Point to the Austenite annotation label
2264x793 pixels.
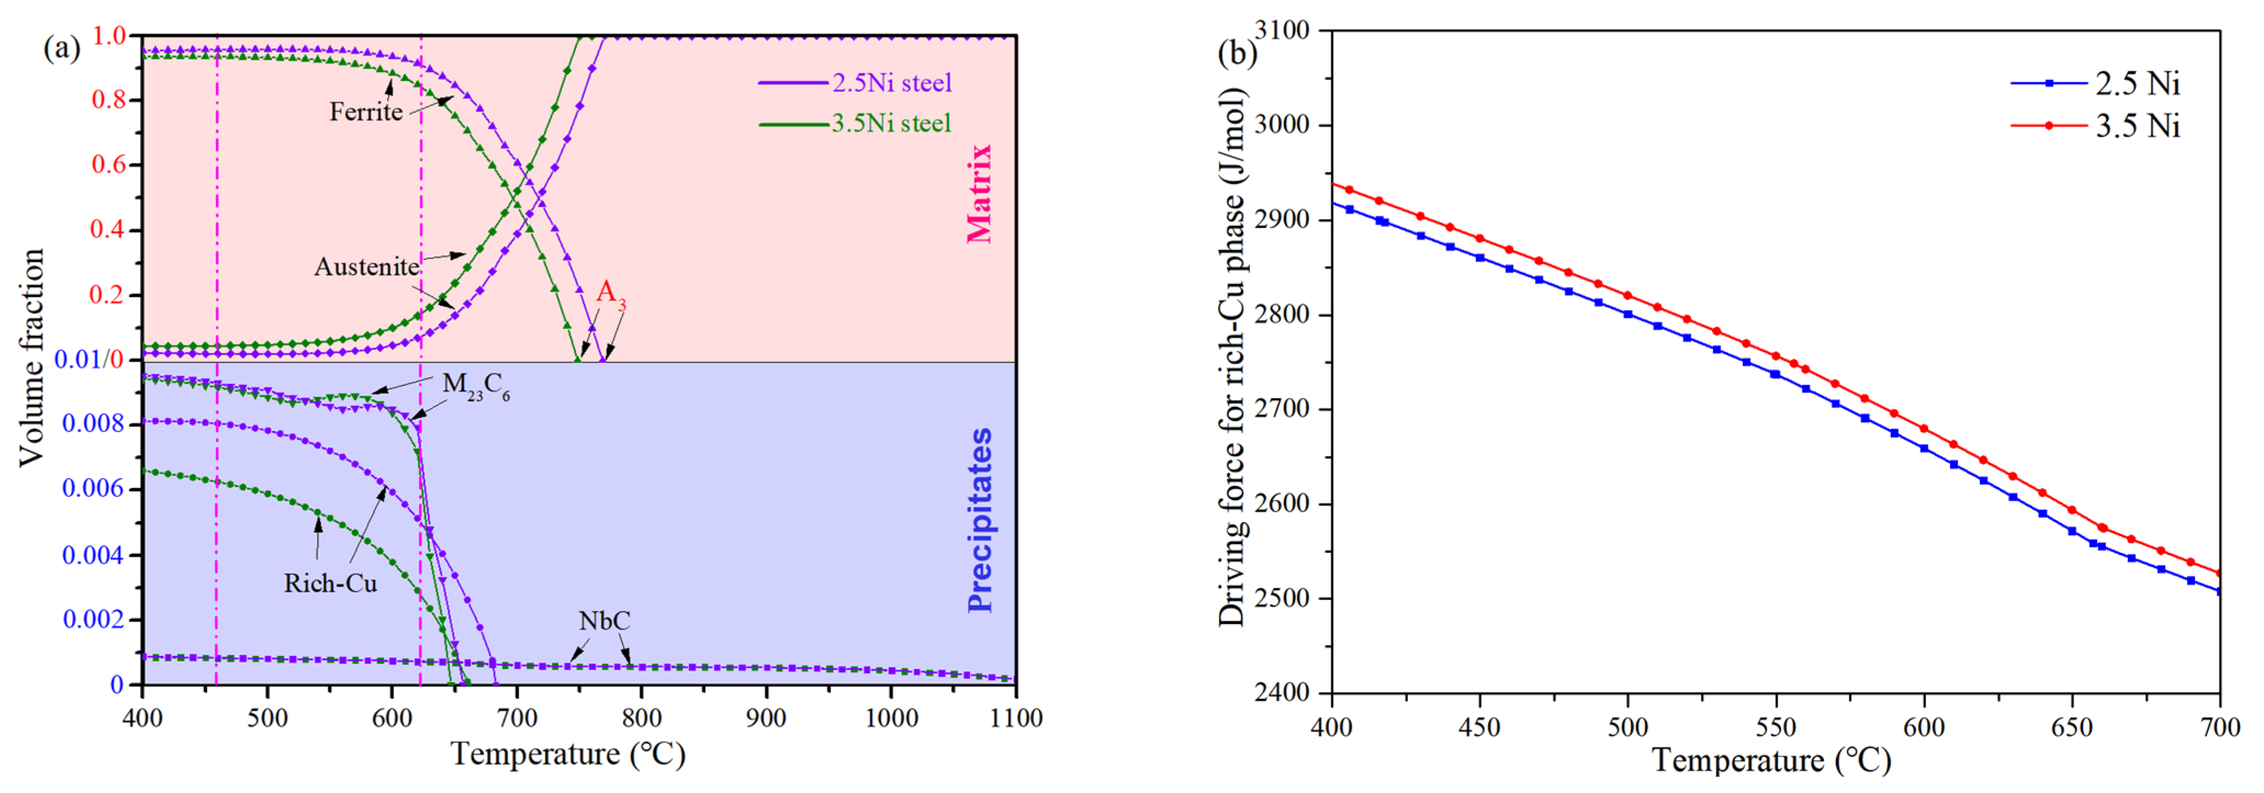coord(367,267)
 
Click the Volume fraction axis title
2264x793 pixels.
coord(32,358)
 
